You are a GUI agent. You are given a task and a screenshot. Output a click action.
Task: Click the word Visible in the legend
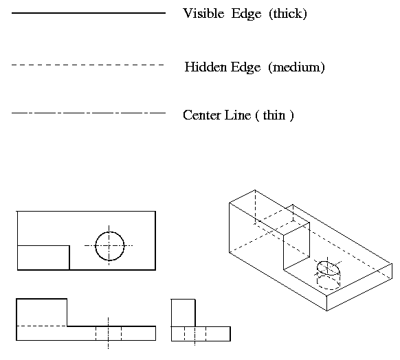(203, 13)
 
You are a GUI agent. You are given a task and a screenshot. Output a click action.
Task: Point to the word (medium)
(296, 67)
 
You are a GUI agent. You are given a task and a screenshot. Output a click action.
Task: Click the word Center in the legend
(202, 115)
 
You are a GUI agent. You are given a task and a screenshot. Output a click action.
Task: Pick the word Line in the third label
(238, 115)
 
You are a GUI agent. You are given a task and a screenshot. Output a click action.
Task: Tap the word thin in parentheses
(274, 115)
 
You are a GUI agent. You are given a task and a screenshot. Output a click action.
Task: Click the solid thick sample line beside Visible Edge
(89, 13)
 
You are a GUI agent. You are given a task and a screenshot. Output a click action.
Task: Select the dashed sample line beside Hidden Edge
(88, 65)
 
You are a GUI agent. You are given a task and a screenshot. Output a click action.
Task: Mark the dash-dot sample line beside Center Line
(89, 113)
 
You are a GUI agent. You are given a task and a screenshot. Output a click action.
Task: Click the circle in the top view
(110, 232)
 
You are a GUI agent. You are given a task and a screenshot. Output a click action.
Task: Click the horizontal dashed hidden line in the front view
(42, 326)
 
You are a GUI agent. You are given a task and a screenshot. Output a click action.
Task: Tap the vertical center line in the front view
(108, 333)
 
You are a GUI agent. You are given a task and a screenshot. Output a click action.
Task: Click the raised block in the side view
(184, 313)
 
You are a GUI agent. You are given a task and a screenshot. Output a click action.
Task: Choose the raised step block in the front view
(42, 313)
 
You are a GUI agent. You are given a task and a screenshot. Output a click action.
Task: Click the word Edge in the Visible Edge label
(247, 14)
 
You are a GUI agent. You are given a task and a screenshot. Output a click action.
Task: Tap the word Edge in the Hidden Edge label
(245, 67)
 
